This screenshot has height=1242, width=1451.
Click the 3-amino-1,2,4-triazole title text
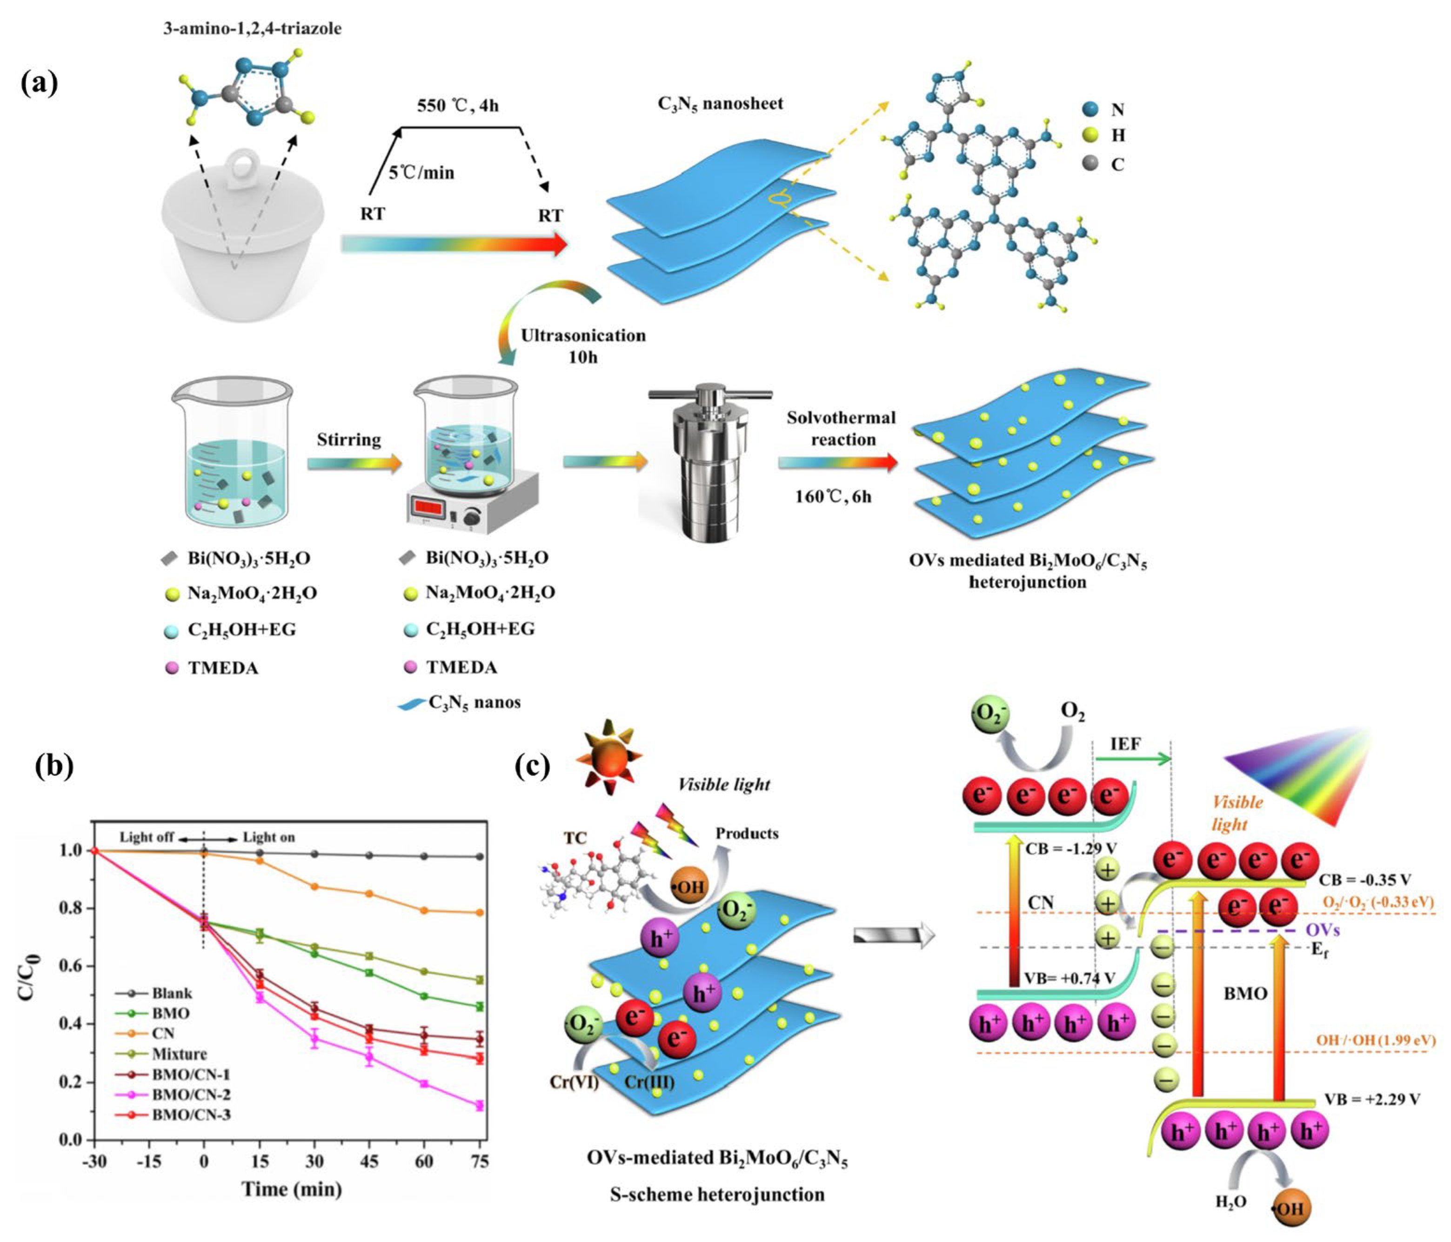252,29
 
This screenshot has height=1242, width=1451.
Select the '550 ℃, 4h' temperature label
458,106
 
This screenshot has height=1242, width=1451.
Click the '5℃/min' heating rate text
421,172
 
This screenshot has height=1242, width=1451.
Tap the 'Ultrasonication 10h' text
582,346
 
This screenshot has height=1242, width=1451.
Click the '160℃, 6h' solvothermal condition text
833,497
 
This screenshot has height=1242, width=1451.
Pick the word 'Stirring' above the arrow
349,440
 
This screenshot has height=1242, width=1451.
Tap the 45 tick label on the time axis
369,1162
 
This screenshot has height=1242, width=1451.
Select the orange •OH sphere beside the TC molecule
689,887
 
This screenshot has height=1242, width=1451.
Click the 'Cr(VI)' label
574,1082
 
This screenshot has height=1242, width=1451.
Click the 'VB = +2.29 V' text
1372,1099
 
